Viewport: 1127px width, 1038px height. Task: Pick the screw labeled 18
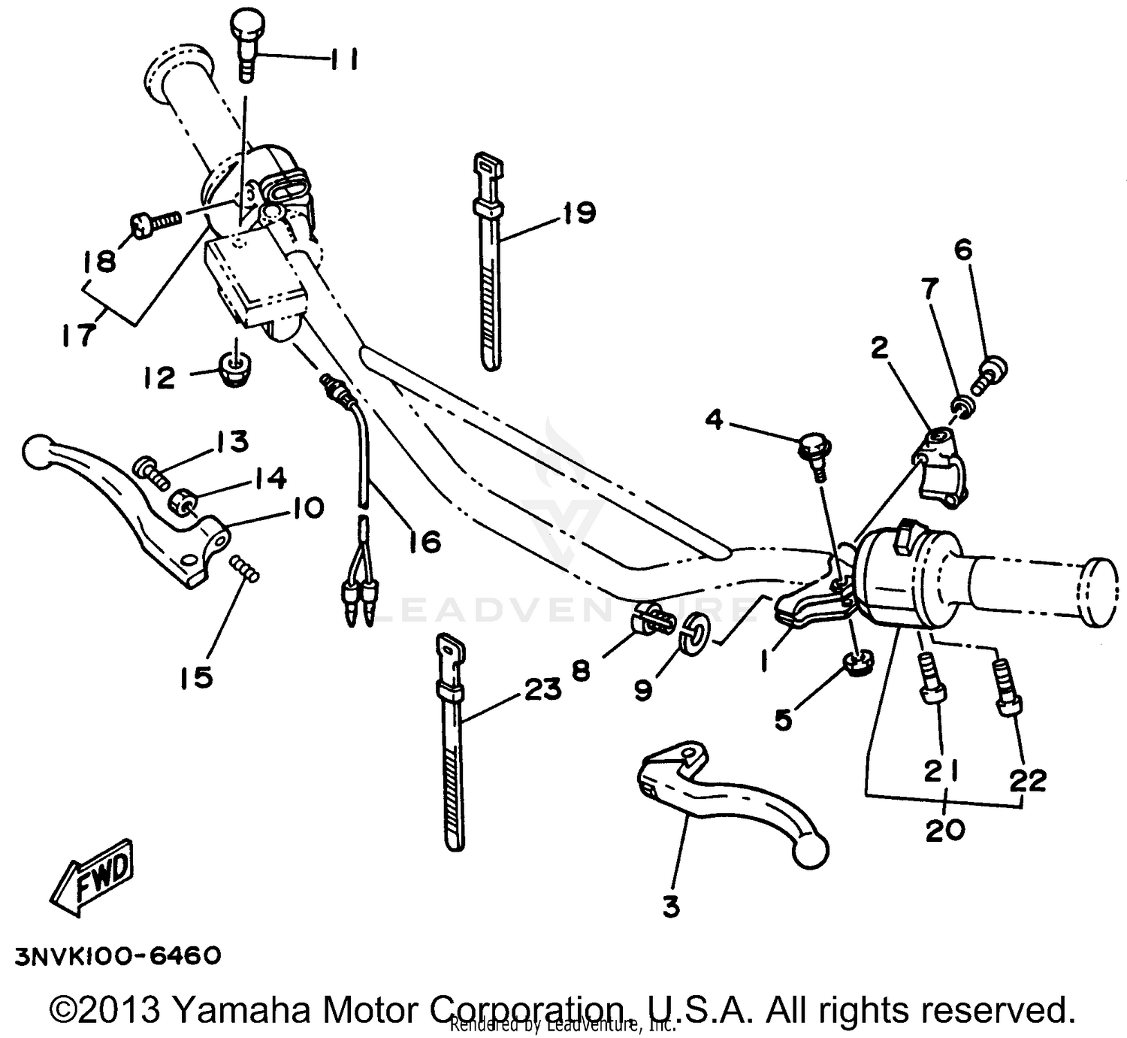(156, 221)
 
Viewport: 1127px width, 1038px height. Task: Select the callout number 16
(425, 540)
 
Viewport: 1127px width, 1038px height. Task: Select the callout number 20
(944, 830)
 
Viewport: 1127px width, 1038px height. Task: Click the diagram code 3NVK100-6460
(118, 956)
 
